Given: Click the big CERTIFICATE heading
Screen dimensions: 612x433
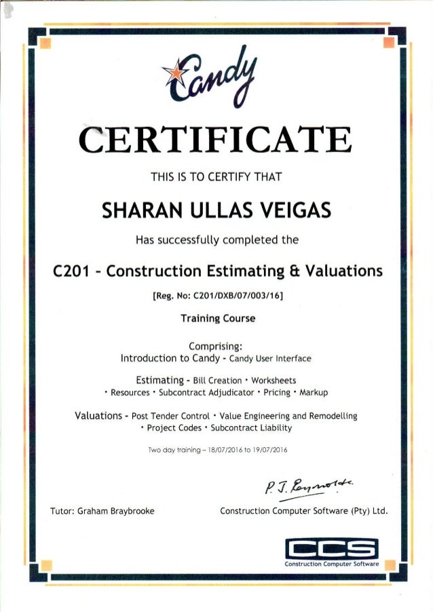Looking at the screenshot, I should tap(216, 141).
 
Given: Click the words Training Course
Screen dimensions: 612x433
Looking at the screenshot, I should tap(216, 318).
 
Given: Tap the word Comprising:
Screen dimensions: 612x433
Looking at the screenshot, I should tap(216, 345).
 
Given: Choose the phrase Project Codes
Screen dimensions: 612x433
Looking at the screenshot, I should tap(173, 428).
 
